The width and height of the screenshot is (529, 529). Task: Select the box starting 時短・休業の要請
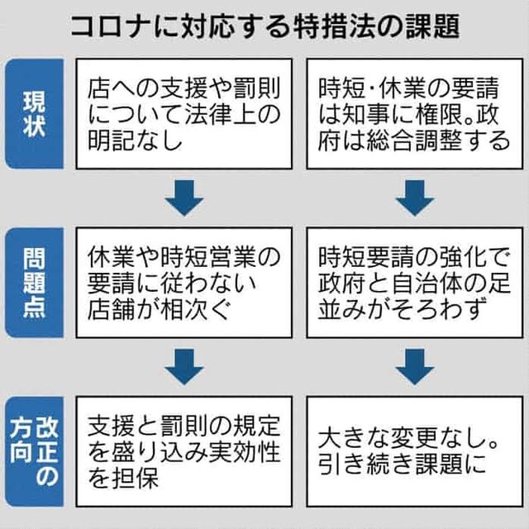click(413, 112)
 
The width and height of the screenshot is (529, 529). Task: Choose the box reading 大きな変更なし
click(413, 450)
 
